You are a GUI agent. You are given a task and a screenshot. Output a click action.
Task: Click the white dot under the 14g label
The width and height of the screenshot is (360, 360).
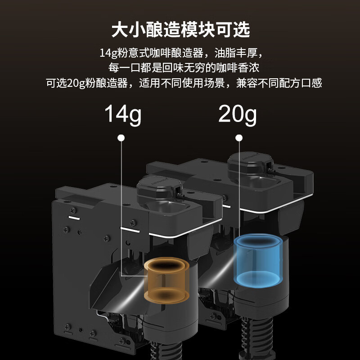[x=121, y=138]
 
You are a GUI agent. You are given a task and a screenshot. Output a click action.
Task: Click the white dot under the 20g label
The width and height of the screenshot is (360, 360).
[x=238, y=138]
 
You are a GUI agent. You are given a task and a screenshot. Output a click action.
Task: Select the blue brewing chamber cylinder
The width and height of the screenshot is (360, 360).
[x=257, y=260]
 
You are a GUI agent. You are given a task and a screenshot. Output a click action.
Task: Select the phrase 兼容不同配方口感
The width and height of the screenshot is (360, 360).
[x=279, y=83]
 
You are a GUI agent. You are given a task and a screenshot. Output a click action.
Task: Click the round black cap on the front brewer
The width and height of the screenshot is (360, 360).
[x=156, y=189]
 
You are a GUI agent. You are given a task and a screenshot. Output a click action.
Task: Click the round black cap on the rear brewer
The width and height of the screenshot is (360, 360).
[x=248, y=165]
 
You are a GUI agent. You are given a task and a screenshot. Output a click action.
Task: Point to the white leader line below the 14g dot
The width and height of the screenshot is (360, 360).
[x=121, y=202]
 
